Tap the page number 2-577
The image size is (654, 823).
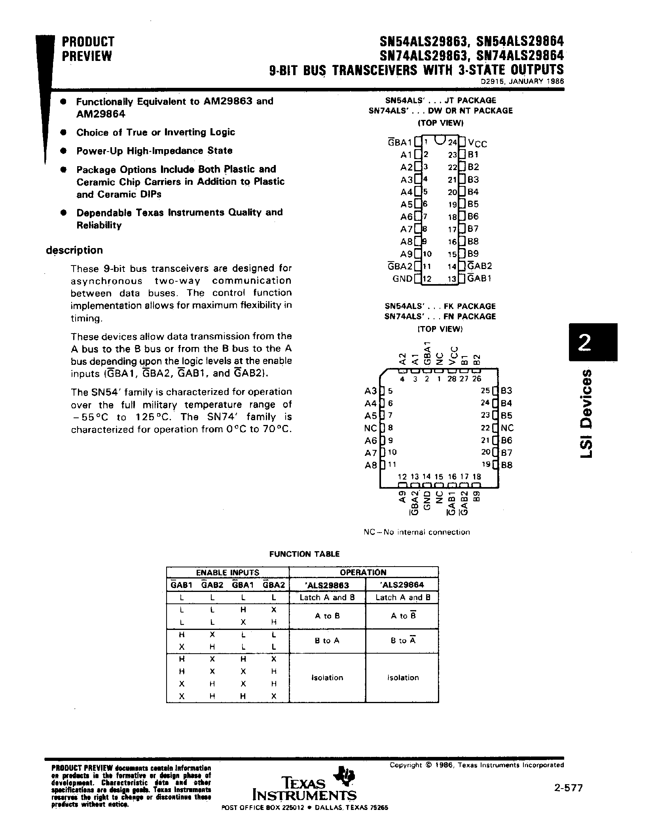(x=569, y=788)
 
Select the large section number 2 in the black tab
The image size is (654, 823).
(x=585, y=342)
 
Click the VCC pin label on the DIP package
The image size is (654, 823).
(x=478, y=143)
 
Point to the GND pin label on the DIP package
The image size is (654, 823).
(x=402, y=279)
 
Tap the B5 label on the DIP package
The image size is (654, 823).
(x=473, y=204)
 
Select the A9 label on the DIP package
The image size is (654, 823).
(x=406, y=254)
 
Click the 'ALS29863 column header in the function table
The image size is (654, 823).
(x=327, y=585)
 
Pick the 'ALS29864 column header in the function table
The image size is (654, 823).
(x=403, y=585)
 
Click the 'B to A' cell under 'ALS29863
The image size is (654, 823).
(x=327, y=641)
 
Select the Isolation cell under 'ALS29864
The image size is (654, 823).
(x=403, y=677)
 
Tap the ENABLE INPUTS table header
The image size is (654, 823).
(x=227, y=573)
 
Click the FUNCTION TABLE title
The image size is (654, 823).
(x=304, y=554)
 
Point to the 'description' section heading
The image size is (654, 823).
(x=74, y=250)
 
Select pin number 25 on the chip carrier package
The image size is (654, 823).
(x=485, y=391)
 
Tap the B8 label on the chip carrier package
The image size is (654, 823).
(x=507, y=465)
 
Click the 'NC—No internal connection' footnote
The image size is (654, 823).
(x=417, y=532)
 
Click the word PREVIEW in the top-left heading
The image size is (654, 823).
(x=87, y=57)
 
